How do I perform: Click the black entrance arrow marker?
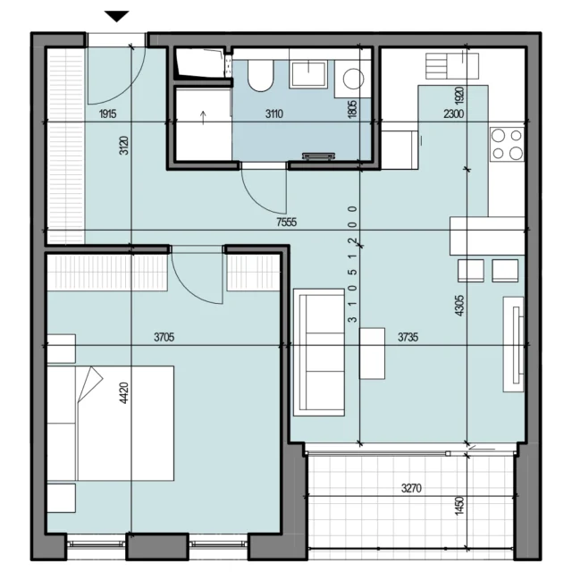(x=117, y=16)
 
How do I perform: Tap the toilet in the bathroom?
(x=260, y=76)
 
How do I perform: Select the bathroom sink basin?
(x=308, y=75)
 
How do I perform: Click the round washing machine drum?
(x=353, y=79)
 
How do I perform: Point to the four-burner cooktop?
(x=507, y=145)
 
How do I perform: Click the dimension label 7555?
(x=287, y=222)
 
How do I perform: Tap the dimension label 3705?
(x=164, y=337)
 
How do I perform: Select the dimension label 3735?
(x=408, y=337)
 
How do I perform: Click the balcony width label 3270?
(x=411, y=488)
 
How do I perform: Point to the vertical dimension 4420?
(x=124, y=393)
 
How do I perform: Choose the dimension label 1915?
(x=107, y=114)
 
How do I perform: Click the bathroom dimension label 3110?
(x=274, y=114)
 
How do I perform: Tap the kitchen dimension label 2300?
(x=454, y=114)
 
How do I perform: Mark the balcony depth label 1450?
(x=459, y=505)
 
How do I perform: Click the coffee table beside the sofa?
(x=372, y=354)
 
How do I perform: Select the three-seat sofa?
(x=319, y=352)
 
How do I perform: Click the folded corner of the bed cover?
(x=90, y=383)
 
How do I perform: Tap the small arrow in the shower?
(x=203, y=118)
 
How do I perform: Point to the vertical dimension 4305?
(x=459, y=306)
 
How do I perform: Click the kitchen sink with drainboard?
(x=452, y=66)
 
